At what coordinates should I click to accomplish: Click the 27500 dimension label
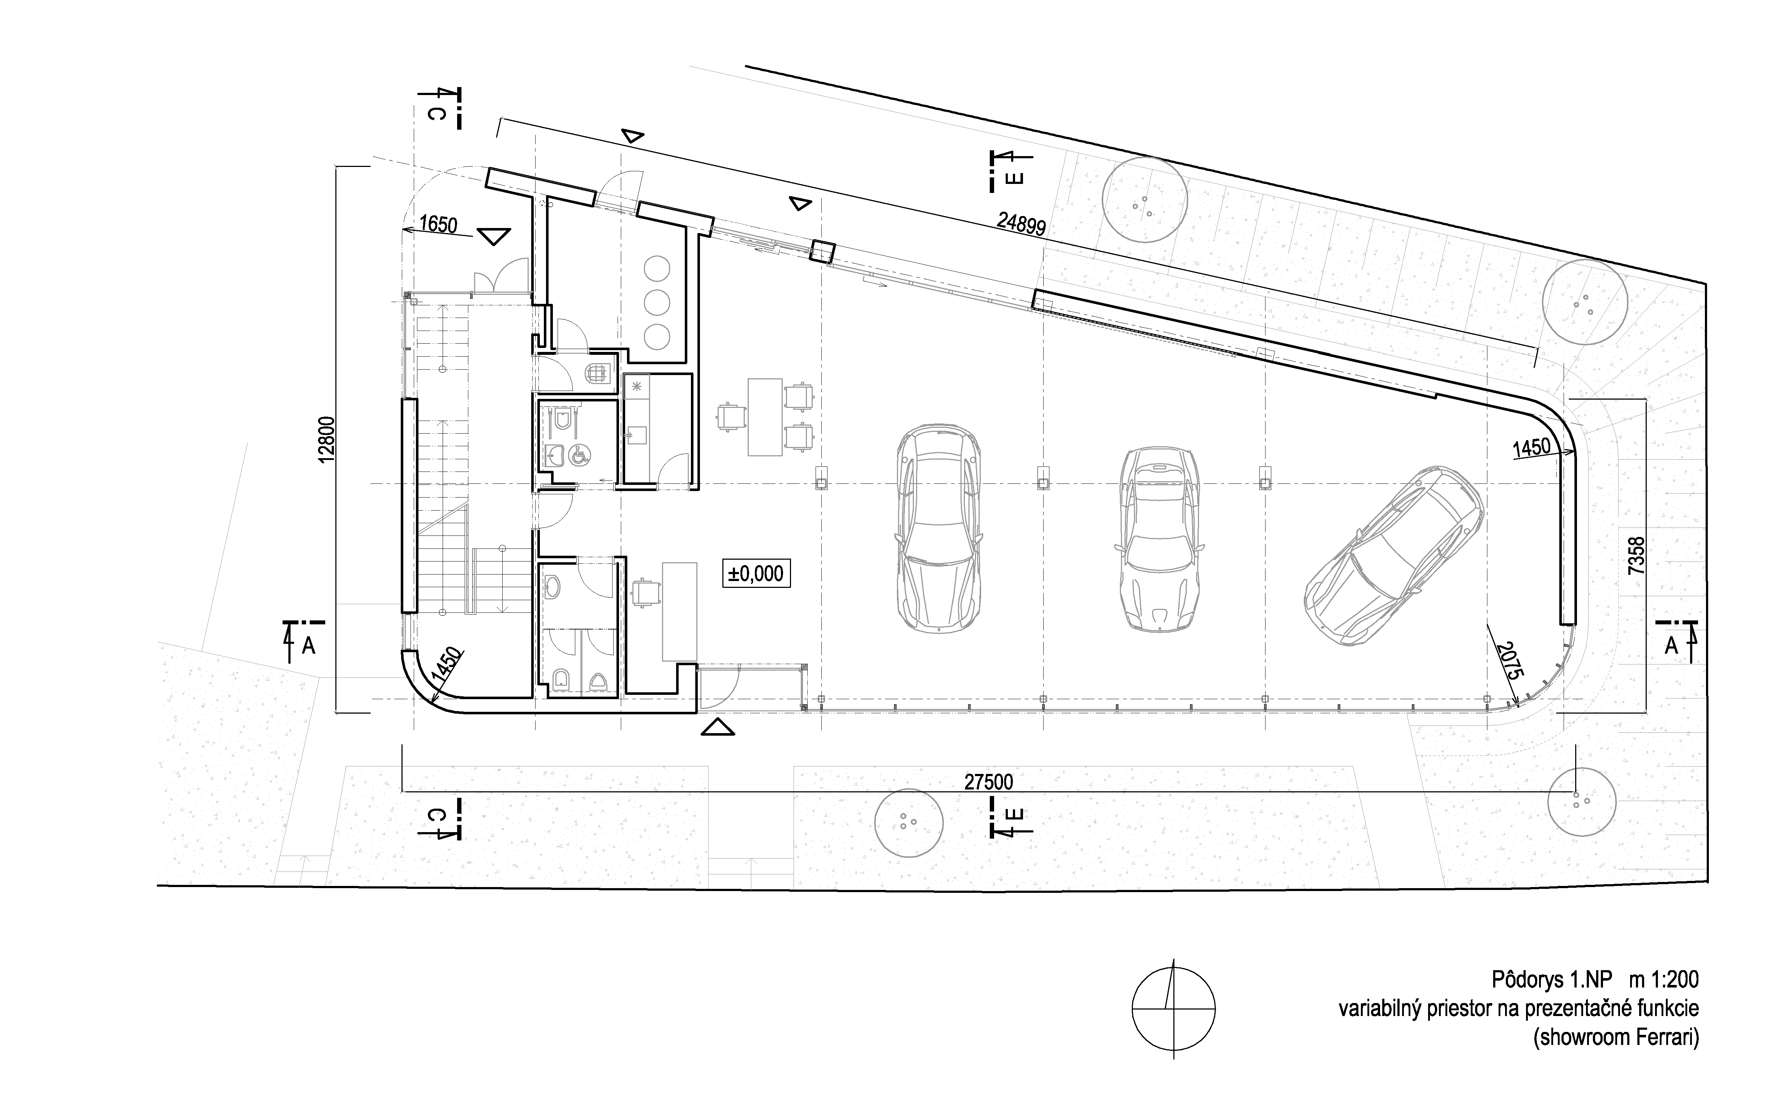[x=988, y=782]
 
